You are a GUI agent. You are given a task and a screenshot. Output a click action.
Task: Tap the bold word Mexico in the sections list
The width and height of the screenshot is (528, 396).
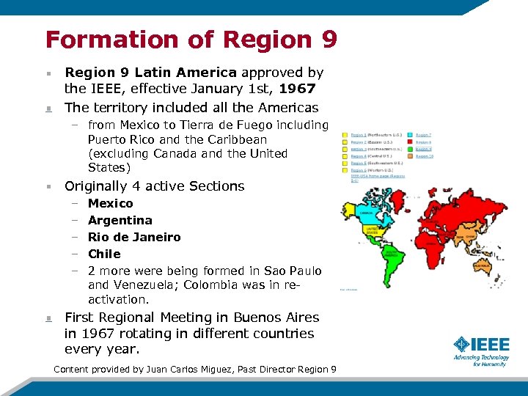coord(110,203)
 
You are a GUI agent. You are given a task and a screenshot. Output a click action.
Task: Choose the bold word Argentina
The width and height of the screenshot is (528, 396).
coord(120,220)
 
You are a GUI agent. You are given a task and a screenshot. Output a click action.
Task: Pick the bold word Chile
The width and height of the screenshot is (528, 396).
coord(104,254)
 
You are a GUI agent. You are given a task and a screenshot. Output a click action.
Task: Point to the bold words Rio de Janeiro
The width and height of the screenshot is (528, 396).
coord(134,237)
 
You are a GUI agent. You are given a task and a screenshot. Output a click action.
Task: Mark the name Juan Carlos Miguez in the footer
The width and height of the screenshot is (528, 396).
coord(192,369)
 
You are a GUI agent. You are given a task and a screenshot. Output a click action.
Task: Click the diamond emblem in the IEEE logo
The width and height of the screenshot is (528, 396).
coord(461,345)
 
